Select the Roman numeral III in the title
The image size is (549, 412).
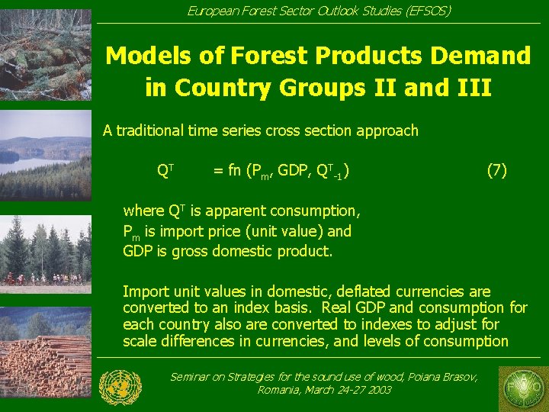point(471,88)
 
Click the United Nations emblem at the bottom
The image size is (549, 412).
point(120,387)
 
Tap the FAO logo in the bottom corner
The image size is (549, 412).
point(523,387)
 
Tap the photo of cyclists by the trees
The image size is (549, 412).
point(46,252)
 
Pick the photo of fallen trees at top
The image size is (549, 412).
point(46,53)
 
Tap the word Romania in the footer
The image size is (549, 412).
point(281,390)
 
